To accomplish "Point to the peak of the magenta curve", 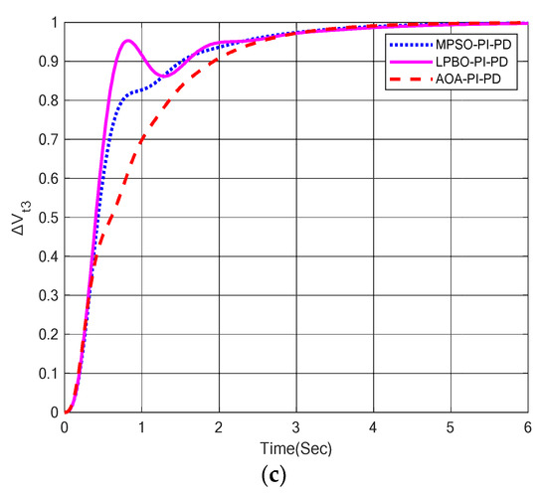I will click(127, 41).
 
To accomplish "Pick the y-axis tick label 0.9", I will click(48, 62).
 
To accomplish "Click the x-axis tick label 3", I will click(295, 427).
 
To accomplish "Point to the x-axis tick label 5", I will click(450, 427).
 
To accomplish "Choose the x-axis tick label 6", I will click(526, 427).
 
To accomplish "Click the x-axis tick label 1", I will click(141, 427).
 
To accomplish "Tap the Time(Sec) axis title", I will click(295, 444).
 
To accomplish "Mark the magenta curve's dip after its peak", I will click(165, 76).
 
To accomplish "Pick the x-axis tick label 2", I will click(219, 427).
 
